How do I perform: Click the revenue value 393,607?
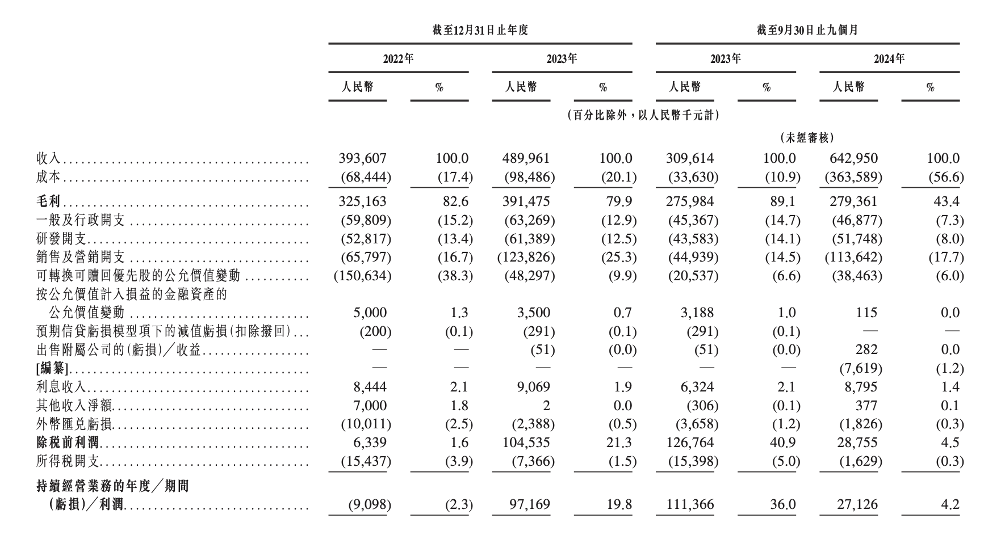coord(362,159)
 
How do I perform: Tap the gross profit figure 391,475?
coord(526,201)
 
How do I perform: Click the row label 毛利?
coord(49,202)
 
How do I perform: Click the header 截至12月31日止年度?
coord(480,31)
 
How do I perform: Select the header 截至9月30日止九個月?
coord(807,31)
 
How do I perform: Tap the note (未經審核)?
coord(807,137)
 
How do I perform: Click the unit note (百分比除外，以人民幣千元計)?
coord(643,116)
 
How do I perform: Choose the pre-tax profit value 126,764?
coord(690,443)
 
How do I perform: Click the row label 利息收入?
coord(61,387)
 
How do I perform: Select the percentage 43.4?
coord(949,201)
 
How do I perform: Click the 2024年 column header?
coord(889,59)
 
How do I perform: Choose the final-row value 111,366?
coord(690,504)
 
